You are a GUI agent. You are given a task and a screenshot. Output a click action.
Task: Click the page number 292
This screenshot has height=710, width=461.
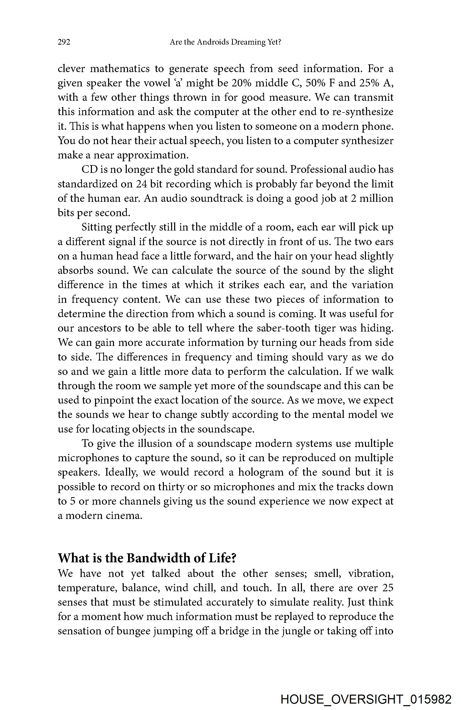(x=64, y=42)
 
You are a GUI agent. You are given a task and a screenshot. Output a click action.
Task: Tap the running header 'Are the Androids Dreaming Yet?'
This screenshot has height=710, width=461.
(x=225, y=42)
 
